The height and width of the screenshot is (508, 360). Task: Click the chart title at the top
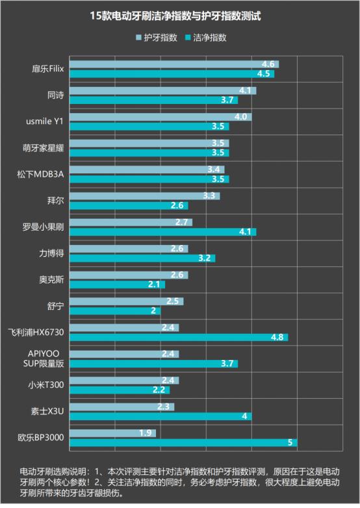pos(180,14)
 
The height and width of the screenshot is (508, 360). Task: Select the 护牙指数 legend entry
pos(156,38)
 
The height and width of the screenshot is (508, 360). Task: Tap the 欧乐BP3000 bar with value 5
pos(183,442)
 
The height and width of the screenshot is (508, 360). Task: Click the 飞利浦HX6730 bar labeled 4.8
pos(178,337)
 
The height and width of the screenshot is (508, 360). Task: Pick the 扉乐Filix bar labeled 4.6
pos(174,64)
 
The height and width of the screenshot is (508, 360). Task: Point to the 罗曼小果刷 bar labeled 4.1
pos(162,232)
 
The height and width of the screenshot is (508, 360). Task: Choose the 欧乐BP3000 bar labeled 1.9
pos(112,433)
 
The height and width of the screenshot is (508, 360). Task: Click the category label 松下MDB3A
pos(41,174)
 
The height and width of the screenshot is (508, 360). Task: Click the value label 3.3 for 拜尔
pos(209,196)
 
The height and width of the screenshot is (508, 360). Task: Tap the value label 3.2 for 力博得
pos(205,258)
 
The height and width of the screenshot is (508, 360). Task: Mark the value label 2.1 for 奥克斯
pos(155,285)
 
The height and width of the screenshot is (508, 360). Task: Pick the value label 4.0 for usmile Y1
pos(241,117)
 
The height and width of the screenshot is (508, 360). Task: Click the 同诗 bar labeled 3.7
pos(153,100)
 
